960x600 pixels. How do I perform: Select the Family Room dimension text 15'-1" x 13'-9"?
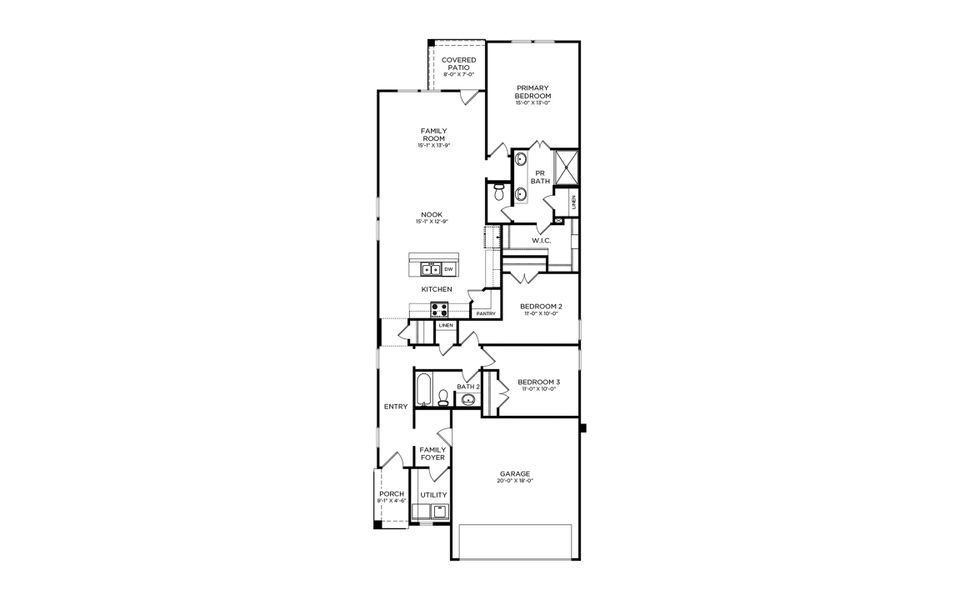[x=433, y=146]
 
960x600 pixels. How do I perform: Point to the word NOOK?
[x=432, y=214]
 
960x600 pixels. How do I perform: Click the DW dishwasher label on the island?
[x=449, y=269]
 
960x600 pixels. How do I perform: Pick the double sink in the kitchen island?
[x=431, y=269]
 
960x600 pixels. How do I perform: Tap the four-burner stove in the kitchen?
[x=440, y=308]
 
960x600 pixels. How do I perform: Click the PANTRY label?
[x=486, y=314]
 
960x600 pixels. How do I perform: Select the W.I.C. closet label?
[x=542, y=240]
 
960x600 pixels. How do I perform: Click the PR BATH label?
[x=541, y=177]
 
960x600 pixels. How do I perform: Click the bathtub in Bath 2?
[x=423, y=389]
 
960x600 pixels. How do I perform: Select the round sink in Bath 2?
[x=467, y=400]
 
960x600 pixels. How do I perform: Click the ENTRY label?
[x=395, y=406]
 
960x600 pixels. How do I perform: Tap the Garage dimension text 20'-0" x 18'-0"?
[x=515, y=480]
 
